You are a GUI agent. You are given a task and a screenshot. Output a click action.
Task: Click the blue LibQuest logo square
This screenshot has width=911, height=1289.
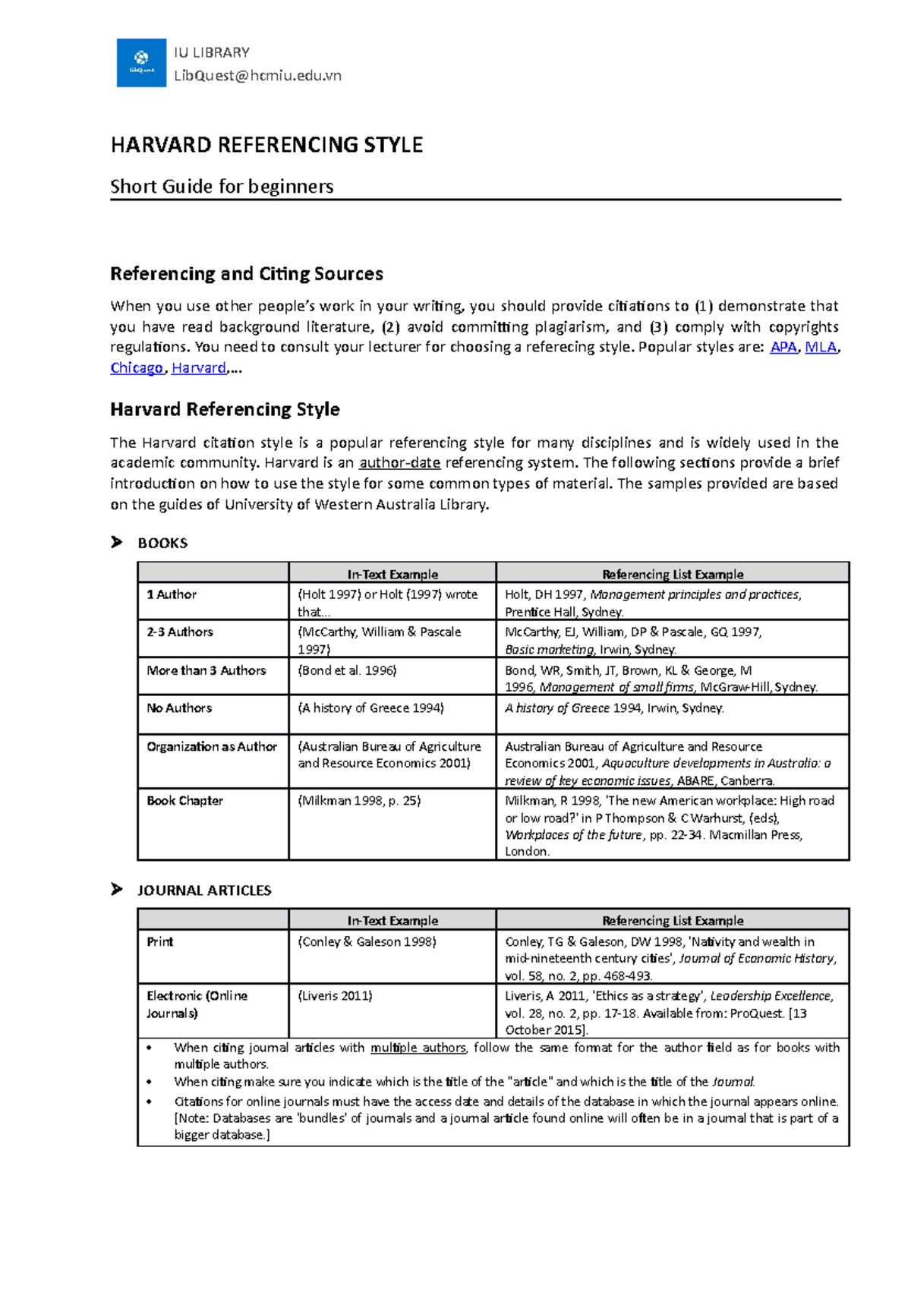[x=141, y=63]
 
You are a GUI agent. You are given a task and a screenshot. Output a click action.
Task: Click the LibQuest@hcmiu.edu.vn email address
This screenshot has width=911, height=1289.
[x=257, y=75]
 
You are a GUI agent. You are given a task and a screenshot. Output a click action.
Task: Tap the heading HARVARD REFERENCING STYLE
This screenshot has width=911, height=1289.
[x=266, y=145]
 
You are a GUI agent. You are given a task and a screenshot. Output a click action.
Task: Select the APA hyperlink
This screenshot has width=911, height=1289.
[x=783, y=347]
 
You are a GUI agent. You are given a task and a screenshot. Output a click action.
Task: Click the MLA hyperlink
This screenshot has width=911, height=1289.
[x=821, y=347]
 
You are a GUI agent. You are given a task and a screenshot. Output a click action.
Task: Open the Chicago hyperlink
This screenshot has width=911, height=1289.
[x=137, y=368]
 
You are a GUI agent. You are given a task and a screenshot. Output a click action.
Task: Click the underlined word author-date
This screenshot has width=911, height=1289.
[x=400, y=463]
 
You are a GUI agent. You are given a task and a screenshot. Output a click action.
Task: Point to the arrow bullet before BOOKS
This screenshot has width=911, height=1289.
[x=116, y=542]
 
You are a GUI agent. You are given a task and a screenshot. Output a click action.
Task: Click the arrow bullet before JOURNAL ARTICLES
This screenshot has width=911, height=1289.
[x=116, y=889]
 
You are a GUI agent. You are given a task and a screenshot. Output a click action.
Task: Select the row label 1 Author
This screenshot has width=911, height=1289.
[x=172, y=594]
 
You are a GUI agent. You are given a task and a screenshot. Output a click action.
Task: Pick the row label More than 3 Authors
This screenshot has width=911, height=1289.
[x=206, y=670]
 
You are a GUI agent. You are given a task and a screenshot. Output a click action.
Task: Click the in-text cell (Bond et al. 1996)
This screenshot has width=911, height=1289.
[x=347, y=670]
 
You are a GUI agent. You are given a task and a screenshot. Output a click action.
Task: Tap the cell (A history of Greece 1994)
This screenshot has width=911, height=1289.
[x=370, y=708]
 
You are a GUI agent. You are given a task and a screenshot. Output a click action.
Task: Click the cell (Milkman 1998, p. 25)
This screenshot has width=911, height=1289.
[x=359, y=800]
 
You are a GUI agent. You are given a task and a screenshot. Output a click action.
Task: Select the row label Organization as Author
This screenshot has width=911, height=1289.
[x=212, y=746]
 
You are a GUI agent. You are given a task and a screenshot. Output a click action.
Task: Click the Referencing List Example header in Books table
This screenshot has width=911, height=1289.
[x=673, y=574]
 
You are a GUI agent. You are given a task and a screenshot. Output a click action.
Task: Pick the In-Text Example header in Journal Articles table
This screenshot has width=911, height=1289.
[x=392, y=920]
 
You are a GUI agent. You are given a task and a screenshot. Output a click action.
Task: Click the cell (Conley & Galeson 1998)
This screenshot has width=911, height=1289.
[x=367, y=941]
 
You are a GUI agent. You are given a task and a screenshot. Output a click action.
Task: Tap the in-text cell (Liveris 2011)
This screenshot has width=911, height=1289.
[x=335, y=995]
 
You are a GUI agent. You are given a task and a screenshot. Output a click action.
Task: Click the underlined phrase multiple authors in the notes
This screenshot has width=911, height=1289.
[x=418, y=1048]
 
